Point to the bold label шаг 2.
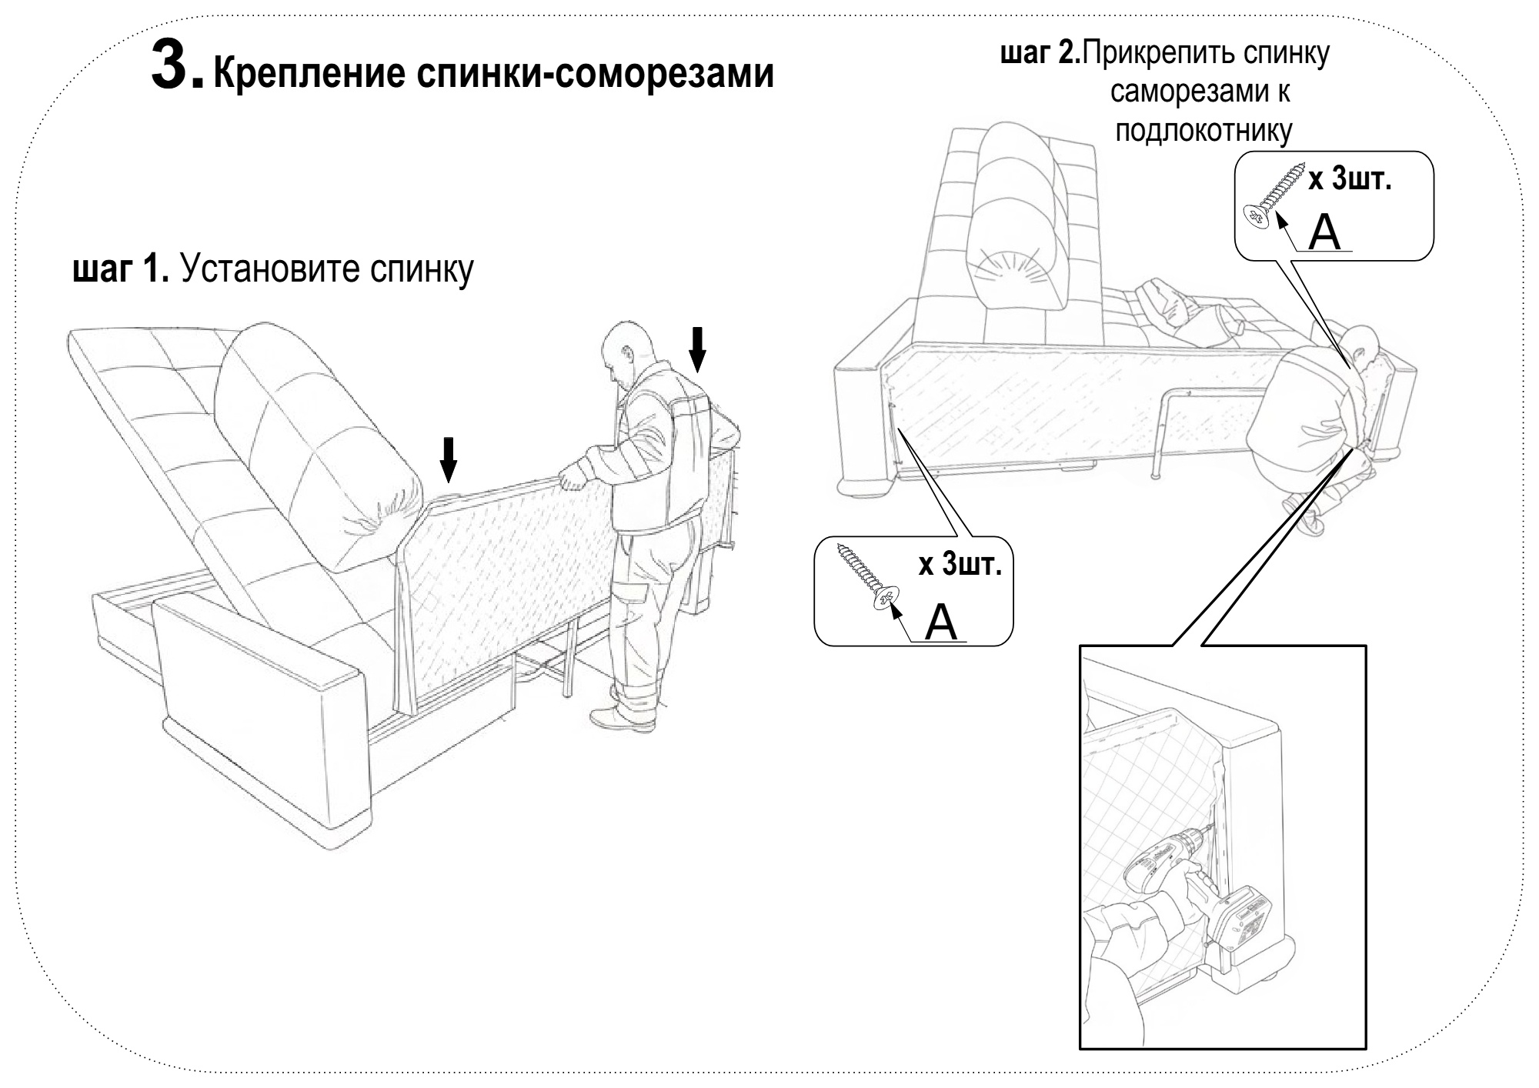(x=1040, y=54)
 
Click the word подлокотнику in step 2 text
(x=1203, y=131)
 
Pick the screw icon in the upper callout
(x=1274, y=196)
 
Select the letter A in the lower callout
(x=941, y=622)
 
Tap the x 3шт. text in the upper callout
(x=1350, y=180)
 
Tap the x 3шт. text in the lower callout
(x=960, y=566)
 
